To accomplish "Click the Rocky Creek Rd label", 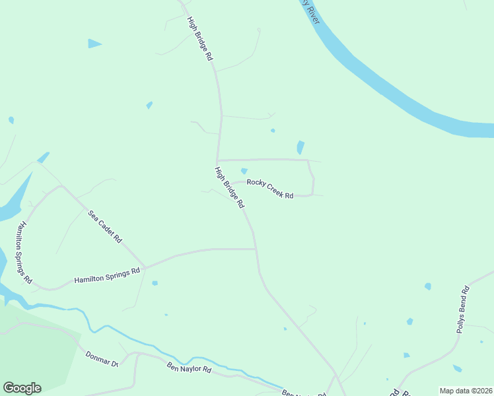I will [x=269, y=188].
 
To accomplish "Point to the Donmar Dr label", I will [x=101, y=359].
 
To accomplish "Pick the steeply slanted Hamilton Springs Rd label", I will [x=24, y=252].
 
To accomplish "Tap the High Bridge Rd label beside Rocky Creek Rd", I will [x=229, y=187].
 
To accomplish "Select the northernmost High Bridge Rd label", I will [x=200, y=38].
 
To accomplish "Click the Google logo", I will [x=22, y=388].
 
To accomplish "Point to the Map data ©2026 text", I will [x=466, y=391].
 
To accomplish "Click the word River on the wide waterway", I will [x=312, y=15].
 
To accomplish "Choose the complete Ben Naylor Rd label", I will [x=188, y=368].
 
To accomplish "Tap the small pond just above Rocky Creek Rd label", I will [x=244, y=172].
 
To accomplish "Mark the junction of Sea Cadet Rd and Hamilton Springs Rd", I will [x=145, y=267].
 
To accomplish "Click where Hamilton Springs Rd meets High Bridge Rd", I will [x=256, y=249].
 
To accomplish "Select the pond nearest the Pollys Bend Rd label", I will [x=428, y=286].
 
